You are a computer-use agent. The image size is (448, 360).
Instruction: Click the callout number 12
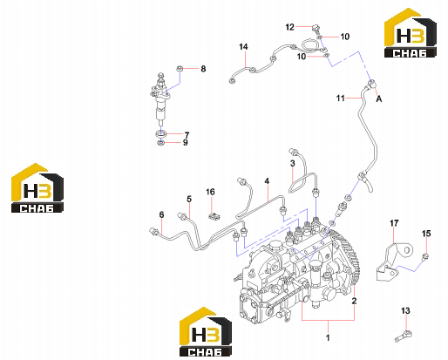[x=289, y=27]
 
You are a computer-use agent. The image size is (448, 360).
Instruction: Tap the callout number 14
[x=243, y=46]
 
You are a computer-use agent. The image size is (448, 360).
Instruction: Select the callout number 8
[x=203, y=69]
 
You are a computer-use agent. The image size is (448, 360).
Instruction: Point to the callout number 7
[x=187, y=135]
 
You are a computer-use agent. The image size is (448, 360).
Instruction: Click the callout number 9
[x=186, y=142]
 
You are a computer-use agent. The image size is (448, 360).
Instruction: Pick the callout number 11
[x=341, y=98]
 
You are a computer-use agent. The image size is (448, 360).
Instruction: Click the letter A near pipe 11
[x=379, y=99]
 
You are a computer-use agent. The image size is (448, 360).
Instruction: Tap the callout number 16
[x=210, y=192]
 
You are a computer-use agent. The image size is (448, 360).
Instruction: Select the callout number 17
[x=394, y=223]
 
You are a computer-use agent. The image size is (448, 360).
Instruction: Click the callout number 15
[x=426, y=234]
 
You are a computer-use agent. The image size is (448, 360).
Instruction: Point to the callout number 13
[x=405, y=310]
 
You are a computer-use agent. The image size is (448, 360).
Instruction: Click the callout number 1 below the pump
[x=328, y=337]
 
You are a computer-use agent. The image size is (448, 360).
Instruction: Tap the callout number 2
[x=354, y=301]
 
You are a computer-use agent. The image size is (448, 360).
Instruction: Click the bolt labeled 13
[x=404, y=336]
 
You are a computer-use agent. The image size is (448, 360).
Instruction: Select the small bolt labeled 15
[x=425, y=256]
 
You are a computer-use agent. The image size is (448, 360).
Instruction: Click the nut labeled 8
[x=180, y=69]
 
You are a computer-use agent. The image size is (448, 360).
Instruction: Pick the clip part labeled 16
[x=214, y=216]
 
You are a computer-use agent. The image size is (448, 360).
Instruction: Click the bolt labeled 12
[x=316, y=28]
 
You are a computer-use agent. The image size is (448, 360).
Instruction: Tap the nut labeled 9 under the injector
[x=160, y=143]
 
